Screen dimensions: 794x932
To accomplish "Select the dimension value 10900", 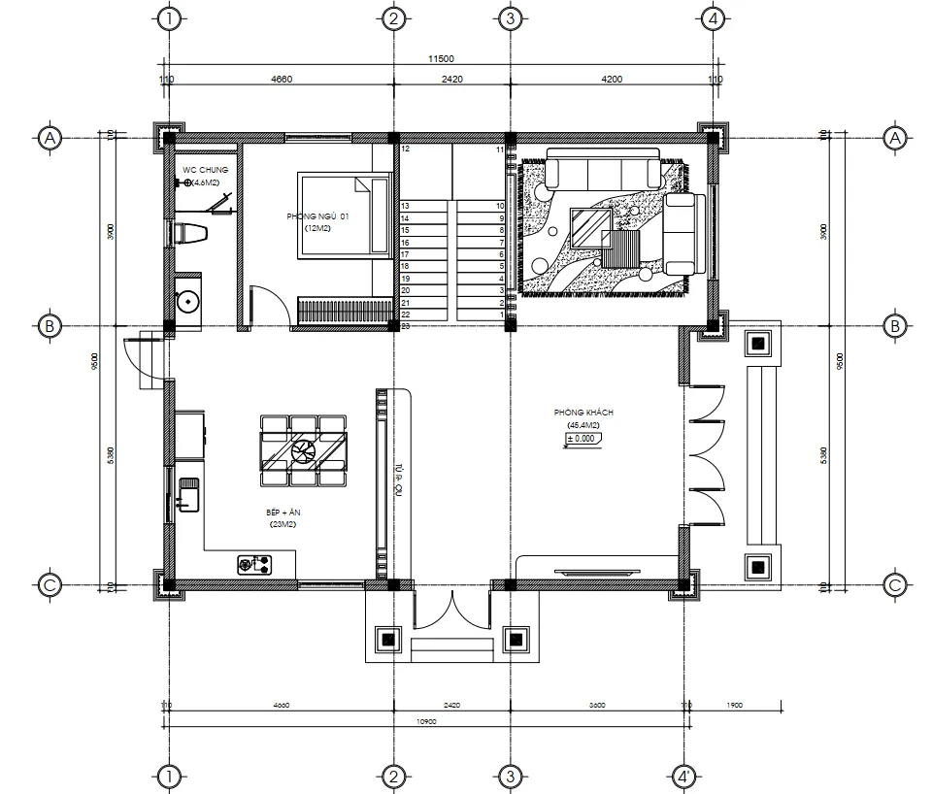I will pyautogui.click(x=424, y=722).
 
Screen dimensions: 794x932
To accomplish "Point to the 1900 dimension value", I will pyautogui.click(x=733, y=706).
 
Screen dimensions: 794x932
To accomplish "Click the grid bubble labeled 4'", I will pyautogui.click(x=684, y=777).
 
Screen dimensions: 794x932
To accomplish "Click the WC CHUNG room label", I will pyautogui.click(x=205, y=170).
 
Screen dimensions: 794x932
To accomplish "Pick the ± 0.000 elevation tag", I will pyautogui.click(x=582, y=440).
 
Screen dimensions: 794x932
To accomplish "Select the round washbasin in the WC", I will pyautogui.click(x=186, y=302).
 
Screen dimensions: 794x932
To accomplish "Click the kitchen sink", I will pyautogui.click(x=187, y=494).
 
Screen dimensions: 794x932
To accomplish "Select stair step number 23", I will pyautogui.click(x=405, y=326).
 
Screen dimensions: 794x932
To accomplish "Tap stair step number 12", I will pyautogui.click(x=405, y=149).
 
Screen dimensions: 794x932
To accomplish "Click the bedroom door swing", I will pyautogui.click(x=269, y=306).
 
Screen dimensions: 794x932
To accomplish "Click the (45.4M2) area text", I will pyautogui.click(x=582, y=426).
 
